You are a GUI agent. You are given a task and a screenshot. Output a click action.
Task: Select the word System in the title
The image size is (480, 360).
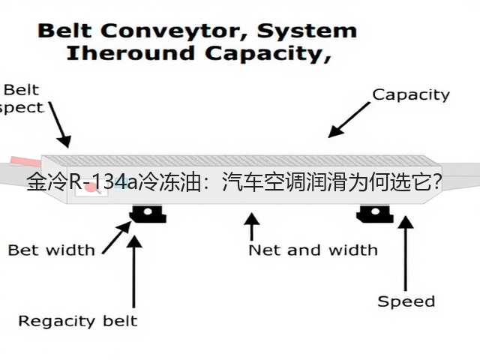point(307,31)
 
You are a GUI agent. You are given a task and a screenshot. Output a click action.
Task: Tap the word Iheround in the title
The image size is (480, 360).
point(130,53)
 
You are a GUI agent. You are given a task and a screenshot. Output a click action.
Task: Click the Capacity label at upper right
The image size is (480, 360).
point(411,95)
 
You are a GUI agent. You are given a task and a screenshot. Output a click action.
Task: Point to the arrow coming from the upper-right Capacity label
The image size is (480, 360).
point(349,120)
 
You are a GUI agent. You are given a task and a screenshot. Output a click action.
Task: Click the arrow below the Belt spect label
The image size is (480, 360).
point(60,125)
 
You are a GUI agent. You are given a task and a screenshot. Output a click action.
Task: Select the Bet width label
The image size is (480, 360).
point(52,250)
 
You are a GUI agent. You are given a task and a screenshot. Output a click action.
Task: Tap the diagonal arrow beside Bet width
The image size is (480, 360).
point(117,237)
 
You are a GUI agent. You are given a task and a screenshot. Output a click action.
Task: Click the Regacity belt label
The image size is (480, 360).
point(78,321)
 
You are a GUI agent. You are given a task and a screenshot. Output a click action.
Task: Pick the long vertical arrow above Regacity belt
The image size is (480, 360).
point(133,271)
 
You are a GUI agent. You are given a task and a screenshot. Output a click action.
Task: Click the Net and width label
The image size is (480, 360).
point(313,250)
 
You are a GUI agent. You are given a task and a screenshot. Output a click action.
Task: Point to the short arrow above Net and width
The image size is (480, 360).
point(252,226)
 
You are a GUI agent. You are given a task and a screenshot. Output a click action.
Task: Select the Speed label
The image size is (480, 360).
point(406,301)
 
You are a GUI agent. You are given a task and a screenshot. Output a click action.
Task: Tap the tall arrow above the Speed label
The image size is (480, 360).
point(406,253)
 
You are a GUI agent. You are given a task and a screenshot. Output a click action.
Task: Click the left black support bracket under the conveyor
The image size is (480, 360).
point(148,213)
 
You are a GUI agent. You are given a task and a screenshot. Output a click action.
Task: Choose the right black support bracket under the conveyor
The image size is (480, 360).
point(375,213)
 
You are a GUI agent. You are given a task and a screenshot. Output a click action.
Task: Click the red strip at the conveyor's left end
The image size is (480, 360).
point(25,162)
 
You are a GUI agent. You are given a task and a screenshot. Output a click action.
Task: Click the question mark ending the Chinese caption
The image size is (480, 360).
point(437,181)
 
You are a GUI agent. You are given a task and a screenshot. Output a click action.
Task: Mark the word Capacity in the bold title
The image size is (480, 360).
point(268,53)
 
